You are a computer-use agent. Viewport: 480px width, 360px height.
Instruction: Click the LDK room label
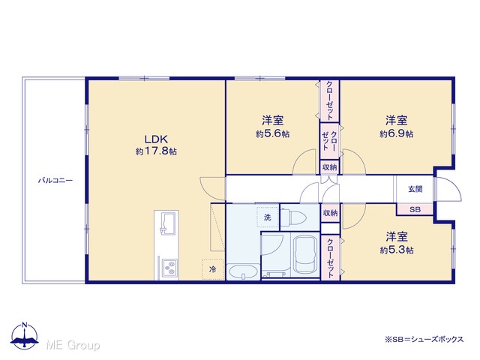pos(156,139)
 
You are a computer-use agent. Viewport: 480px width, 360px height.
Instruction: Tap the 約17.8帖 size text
pos(156,151)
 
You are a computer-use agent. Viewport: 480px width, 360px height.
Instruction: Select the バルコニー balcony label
pos(55,180)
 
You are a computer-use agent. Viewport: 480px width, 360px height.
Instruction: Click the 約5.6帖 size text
pos(273,133)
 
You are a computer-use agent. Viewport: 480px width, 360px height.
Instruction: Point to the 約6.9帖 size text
pos(397,133)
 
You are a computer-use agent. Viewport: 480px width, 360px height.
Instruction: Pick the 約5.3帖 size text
pos(397,250)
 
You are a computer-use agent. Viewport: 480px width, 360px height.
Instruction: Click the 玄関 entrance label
pos(415,189)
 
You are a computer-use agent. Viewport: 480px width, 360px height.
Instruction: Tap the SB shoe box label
pos(415,210)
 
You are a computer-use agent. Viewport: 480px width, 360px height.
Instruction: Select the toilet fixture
pos(293,217)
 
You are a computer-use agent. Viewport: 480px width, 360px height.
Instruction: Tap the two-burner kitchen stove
pos(169,267)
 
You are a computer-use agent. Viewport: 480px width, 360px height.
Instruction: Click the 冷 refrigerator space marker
pos(212,269)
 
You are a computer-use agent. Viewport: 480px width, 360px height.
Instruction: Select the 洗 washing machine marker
pos(268,217)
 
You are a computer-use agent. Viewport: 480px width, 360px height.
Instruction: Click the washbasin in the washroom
pos(243,271)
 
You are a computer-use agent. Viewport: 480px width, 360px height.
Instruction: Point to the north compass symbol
pos(25,336)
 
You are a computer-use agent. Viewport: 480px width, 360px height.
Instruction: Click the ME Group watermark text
pos(73,345)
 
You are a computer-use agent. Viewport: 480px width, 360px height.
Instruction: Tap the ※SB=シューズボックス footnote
pos(424,339)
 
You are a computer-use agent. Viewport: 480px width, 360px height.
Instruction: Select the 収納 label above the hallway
pos(330,167)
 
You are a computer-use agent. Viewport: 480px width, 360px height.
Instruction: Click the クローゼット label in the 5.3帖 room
pos(330,258)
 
